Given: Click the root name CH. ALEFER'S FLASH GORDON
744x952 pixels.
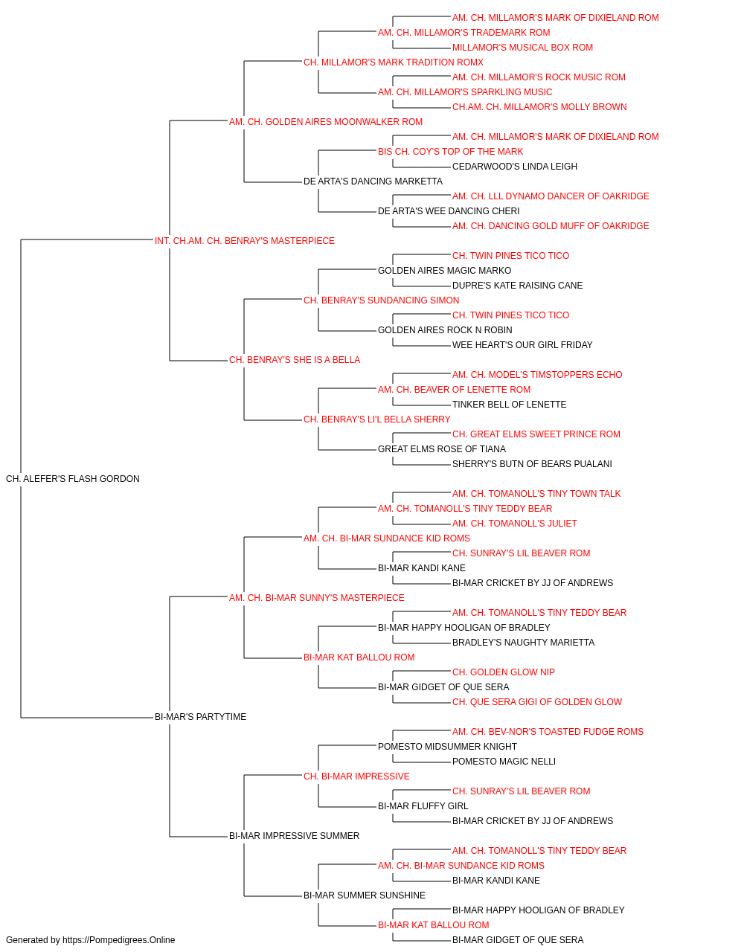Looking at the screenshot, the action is (x=73, y=479).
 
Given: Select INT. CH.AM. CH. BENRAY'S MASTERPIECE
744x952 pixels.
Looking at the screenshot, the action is (x=245, y=241).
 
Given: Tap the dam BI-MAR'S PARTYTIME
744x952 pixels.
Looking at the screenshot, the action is (x=200, y=717).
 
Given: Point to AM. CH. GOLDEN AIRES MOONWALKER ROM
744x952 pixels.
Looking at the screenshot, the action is (x=326, y=122).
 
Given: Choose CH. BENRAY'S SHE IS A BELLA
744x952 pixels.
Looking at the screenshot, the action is (x=295, y=360).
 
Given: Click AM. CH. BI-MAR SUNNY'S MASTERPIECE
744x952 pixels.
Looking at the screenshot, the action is (x=316, y=597).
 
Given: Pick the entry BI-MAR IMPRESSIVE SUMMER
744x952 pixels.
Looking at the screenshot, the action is (x=294, y=835).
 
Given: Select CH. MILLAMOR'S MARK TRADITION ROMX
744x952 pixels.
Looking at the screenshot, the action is (x=394, y=62).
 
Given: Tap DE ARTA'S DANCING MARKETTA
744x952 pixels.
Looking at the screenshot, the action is (x=373, y=181).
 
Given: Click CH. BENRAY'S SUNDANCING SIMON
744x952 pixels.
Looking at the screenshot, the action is (x=381, y=300).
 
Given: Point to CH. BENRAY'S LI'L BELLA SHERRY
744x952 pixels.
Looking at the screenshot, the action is (x=376, y=419).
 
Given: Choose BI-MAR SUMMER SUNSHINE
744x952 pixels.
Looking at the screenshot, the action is (x=364, y=895).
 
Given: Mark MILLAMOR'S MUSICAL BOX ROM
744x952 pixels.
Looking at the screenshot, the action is (x=522, y=48).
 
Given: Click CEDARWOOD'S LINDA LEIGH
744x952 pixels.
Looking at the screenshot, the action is (x=514, y=167).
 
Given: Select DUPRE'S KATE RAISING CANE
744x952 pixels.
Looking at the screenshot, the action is (x=517, y=285).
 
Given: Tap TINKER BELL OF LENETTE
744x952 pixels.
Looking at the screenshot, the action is (x=509, y=405).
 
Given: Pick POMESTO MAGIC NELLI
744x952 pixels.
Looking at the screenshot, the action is (x=504, y=762).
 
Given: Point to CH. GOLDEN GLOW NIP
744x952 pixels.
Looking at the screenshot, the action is (x=504, y=672).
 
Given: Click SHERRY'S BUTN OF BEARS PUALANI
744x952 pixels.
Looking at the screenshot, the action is (x=532, y=464).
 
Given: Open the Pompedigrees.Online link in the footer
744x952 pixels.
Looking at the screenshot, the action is (x=118, y=940).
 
